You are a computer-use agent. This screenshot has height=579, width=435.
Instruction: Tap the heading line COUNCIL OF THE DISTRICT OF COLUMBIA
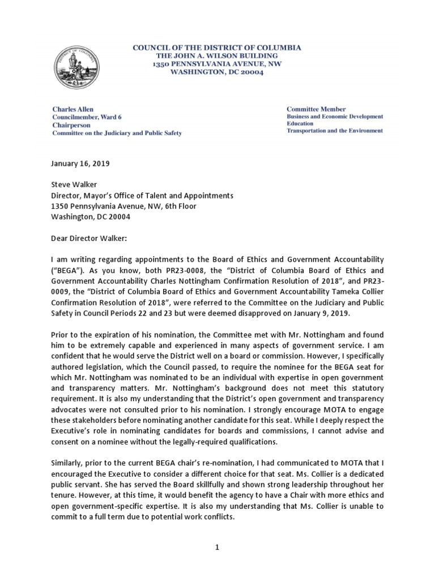click(x=217, y=48)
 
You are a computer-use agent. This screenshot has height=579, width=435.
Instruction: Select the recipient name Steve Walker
click(x=75, y=185)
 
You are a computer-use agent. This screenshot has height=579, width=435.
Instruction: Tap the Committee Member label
click(x=316, y=109)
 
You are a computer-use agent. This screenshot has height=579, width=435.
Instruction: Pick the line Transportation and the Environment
click(x=334, y=131)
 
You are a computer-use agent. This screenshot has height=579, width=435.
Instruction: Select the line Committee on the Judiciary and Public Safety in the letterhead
click(x=117, y=133)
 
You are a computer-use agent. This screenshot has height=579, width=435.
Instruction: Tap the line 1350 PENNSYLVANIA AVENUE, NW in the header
click(x=217, y=65)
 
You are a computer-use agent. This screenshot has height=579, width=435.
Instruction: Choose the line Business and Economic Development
click(x=335, y=116)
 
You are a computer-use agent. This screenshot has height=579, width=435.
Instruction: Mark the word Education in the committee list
click(x=302, y=123)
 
